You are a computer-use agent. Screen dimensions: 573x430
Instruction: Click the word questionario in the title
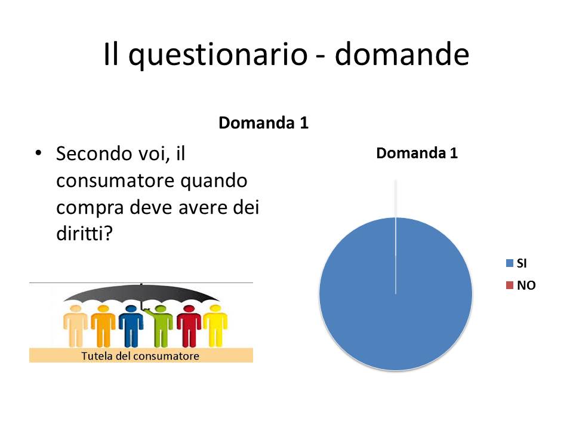pyautogui.click(x=218, y=55)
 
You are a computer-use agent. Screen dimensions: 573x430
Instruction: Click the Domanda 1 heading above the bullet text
pyautogui.click(x=263, y=123)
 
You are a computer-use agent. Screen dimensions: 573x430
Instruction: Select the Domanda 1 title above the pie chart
pyautogui.click(x=417, y=153)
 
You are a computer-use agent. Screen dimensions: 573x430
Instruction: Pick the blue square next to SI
pyautogui.click(x=509, y=263)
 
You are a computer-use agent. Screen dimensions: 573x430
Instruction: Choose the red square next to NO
pyautogui.click(x=509, y=285)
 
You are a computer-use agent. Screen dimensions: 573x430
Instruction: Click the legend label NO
pyautogui.click(x=526, y=285)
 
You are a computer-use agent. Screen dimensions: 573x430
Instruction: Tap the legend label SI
pyautogui.click(x=522, y=263)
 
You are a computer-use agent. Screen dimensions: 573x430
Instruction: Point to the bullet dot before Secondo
pyautogui.click(x=38, y=153)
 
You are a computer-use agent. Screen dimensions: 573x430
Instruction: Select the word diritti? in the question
pyautogui.click(x=84, y=234)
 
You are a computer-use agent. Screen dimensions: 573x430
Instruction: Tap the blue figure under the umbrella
pyautogui.click(x=131, y=326)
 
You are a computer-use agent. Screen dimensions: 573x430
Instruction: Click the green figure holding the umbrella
pyautogui.click(x=160, y=326)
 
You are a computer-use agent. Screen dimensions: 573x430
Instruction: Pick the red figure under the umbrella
pyautogui.click(x=189, y=326)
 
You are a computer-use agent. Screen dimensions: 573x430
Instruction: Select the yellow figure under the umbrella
pyautogui.click(x=215, y=325)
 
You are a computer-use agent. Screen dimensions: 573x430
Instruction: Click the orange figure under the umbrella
pyautogui.click(x=103, y=326)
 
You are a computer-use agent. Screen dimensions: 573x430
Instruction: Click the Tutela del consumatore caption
pyautogui.click(x=140, y=356)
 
